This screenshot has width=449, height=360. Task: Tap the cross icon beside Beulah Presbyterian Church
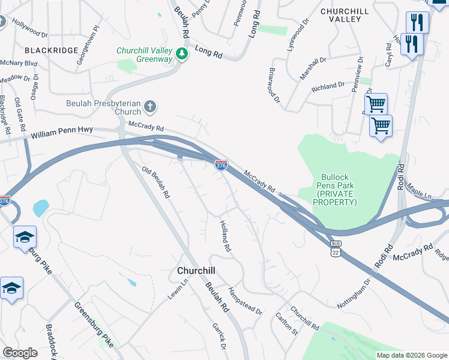click(x=150, y=107)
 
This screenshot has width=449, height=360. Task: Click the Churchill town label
click(x=196, y=271)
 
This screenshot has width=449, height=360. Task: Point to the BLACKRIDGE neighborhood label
click(x=51, y=50)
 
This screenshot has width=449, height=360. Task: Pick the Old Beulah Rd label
click(x=156, y=182)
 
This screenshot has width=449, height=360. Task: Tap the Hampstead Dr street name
click(x=245, y=301)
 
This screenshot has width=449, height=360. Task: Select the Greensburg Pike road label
click(x=93, y=324)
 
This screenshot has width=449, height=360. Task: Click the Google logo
click(x=20, y=353)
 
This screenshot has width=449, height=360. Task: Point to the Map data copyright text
click(x=411, y=355)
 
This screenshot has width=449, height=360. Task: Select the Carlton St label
click(x=286, y=322)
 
